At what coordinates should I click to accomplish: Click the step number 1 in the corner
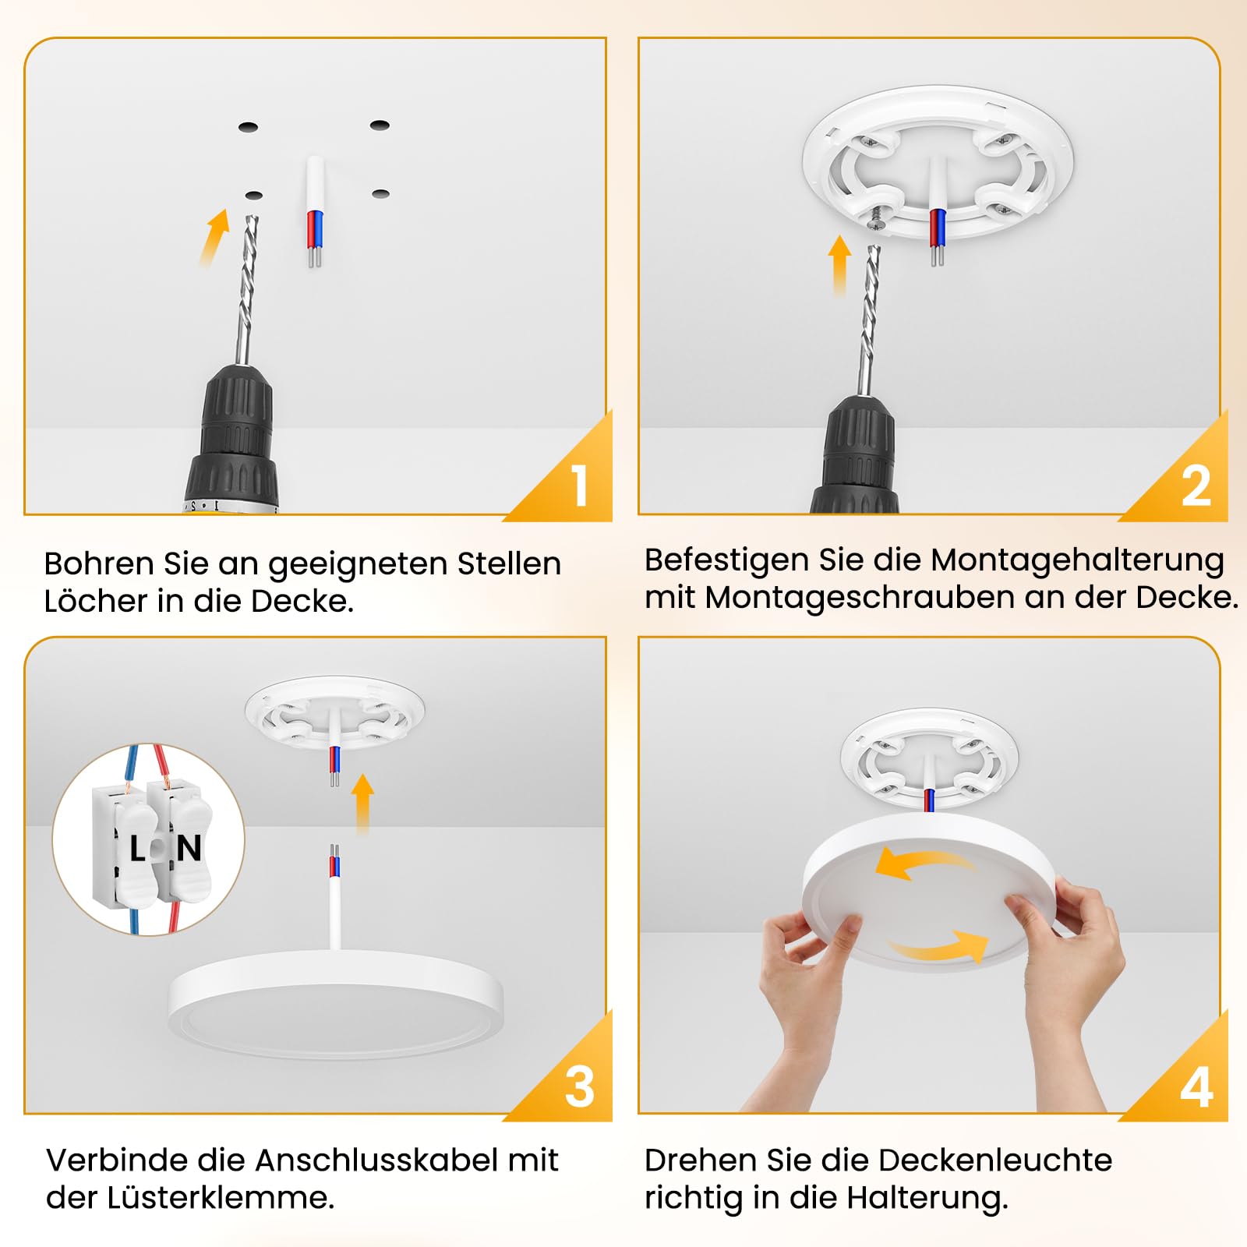coord(579,486)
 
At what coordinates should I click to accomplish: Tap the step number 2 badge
coord(1196,486)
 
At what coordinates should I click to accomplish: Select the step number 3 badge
coord(580,1086)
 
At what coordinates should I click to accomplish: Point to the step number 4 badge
coord(1196,1086)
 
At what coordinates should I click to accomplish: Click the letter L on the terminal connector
coord(138,848)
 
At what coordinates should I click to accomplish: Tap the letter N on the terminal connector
coord(189,848)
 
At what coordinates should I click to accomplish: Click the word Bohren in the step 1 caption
coord(99,563)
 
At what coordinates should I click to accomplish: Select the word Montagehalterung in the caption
coord(1078,561)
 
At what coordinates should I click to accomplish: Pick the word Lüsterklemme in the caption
coord(221,1197)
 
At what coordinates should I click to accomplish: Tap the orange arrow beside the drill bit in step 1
coord(214,237)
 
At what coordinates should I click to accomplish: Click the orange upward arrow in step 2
coord(839,266)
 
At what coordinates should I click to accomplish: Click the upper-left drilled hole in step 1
coord(248,126)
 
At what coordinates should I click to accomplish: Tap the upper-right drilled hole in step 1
coord(380,125)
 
